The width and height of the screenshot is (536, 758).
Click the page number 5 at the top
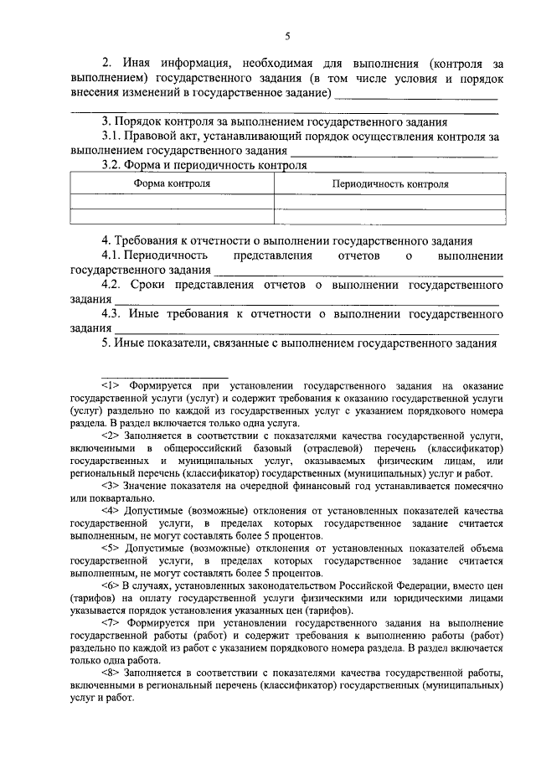[x=286, y=35]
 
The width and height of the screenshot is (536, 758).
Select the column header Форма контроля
[x=172, y=183]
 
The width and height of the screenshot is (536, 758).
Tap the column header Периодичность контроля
[x=389, y=183]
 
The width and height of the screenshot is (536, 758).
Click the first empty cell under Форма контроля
[x=172, y=200]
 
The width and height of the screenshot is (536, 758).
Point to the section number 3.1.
[x=114, y=137]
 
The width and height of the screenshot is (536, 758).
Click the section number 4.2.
[x=114, y=286]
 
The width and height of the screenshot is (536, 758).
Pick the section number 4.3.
[x=114, y=314]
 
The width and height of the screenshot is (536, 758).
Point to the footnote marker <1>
[x=112, y=384]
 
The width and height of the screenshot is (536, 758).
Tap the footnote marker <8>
[x=112, y=673]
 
